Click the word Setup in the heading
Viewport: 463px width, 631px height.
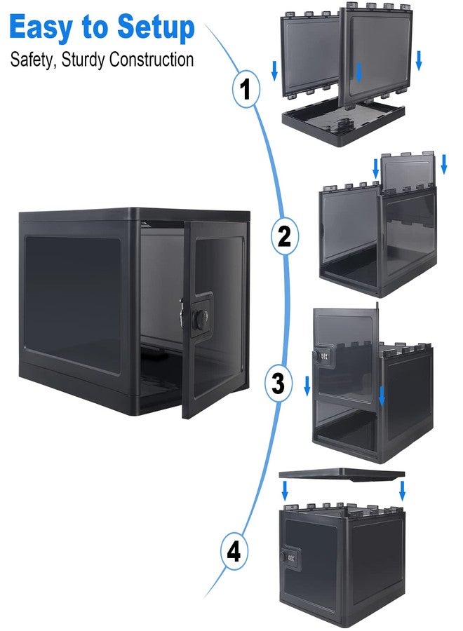click(156, 28)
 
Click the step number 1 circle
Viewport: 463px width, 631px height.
click(246, 89)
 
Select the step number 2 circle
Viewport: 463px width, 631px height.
click(285, 236)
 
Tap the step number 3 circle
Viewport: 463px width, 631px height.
click(279, 384)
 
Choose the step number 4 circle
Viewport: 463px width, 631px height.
click(234, 552)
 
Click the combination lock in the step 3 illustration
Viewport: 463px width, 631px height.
click(323, 356)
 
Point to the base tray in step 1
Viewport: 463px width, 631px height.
click(343, 123)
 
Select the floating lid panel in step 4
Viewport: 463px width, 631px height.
click(342, 475)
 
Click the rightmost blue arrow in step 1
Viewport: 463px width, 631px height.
click(419, 60)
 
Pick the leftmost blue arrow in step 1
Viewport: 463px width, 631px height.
click(274, 70)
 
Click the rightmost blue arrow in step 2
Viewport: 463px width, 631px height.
click(443, 164)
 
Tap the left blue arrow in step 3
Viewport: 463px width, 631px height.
click(307, 386)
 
